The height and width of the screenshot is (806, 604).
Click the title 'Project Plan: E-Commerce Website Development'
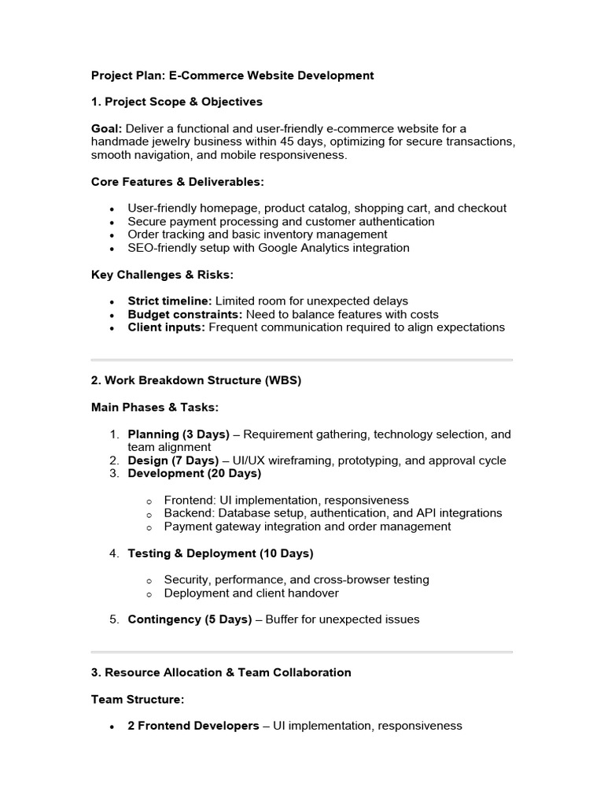(232, 76)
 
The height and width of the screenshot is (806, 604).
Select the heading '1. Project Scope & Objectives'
(177, 102)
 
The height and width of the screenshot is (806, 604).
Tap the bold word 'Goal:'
(106, 128)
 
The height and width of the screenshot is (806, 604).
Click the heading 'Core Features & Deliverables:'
(178, 182)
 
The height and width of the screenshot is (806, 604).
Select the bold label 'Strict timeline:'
(170, 301)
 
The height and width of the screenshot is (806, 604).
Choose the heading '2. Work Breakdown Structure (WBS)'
(196, 380)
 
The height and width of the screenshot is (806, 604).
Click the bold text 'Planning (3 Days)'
(179, 434)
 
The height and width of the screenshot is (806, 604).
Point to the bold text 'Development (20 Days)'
(194, 474)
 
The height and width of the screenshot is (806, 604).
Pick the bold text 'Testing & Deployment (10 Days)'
(220, 553)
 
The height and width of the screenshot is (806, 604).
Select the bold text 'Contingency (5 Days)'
(190, 619)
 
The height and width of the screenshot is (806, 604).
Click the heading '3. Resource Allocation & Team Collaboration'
(221, 672)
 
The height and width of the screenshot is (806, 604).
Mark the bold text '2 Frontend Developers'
(193, 726)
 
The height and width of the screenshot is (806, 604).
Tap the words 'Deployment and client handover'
(252, 593)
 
